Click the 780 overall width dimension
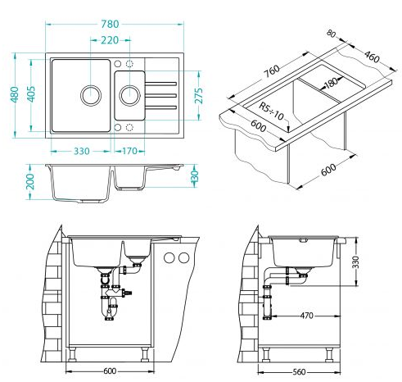tap(110, 24)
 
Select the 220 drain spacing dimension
tap(110, 40)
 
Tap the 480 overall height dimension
tap(15, 94)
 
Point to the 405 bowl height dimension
tap(31, 94)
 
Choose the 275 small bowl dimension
tap(199, 96)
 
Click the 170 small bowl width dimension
tap(129, 151)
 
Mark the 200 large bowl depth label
tap(30, 181)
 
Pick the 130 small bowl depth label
tap(194, 175)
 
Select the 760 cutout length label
tap(272, 71)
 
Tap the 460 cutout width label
tap(372, 57)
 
